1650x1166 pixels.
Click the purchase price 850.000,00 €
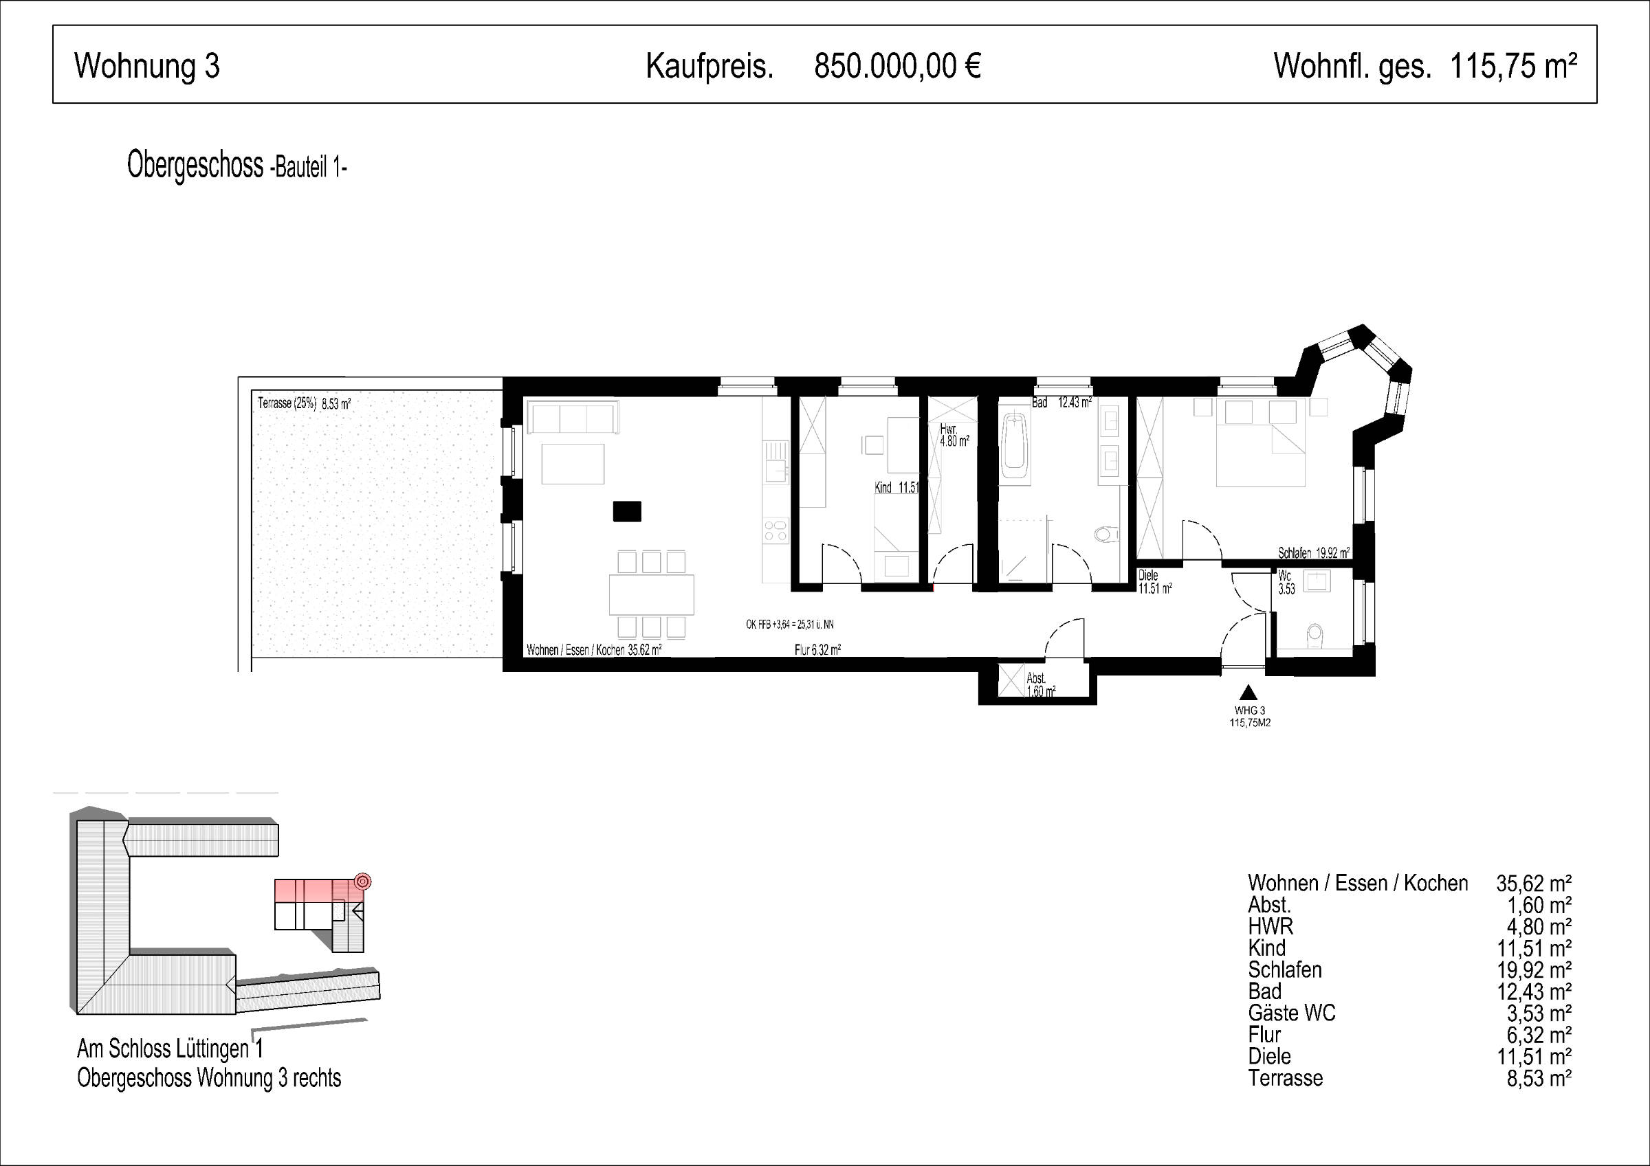point(898,66)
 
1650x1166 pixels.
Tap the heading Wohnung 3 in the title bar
point(146,66)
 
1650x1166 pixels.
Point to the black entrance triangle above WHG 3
point(1249,692)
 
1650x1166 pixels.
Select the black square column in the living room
point(626,511)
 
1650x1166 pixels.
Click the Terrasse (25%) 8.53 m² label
point(304,404)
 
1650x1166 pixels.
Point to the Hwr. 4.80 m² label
point(954,436)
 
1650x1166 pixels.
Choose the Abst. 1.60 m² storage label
point(1042,684)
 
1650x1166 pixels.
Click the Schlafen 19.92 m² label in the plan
point(1314,553)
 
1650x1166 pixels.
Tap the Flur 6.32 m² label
point(818,650)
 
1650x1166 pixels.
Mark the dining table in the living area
point(651,594)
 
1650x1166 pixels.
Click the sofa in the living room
point(573,416)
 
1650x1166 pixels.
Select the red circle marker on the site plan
point(363,881)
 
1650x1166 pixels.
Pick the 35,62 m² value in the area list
point(1534,883)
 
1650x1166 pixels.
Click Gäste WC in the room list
point(1291,1013)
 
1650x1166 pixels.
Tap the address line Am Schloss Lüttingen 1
point(170,1049)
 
